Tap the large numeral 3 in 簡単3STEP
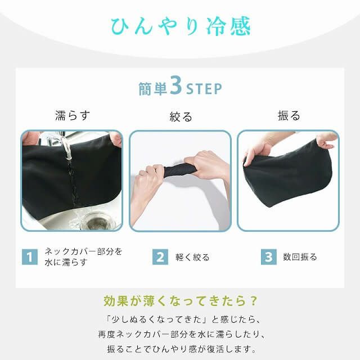pos(175,87)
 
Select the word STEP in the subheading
pos(204,89)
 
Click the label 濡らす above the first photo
pos(72,116)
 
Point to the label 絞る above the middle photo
pos(181,116)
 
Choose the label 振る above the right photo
pos(289,116)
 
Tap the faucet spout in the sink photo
pos(67,147)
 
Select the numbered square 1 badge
pos(29,257)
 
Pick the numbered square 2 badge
pos(160,257)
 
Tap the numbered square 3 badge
pos(269,257)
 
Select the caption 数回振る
pos(300,257)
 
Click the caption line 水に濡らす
pos(66,263)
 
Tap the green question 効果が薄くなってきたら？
pos(180,299)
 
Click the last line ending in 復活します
pos(180,349)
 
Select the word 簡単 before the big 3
pos(153,89)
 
